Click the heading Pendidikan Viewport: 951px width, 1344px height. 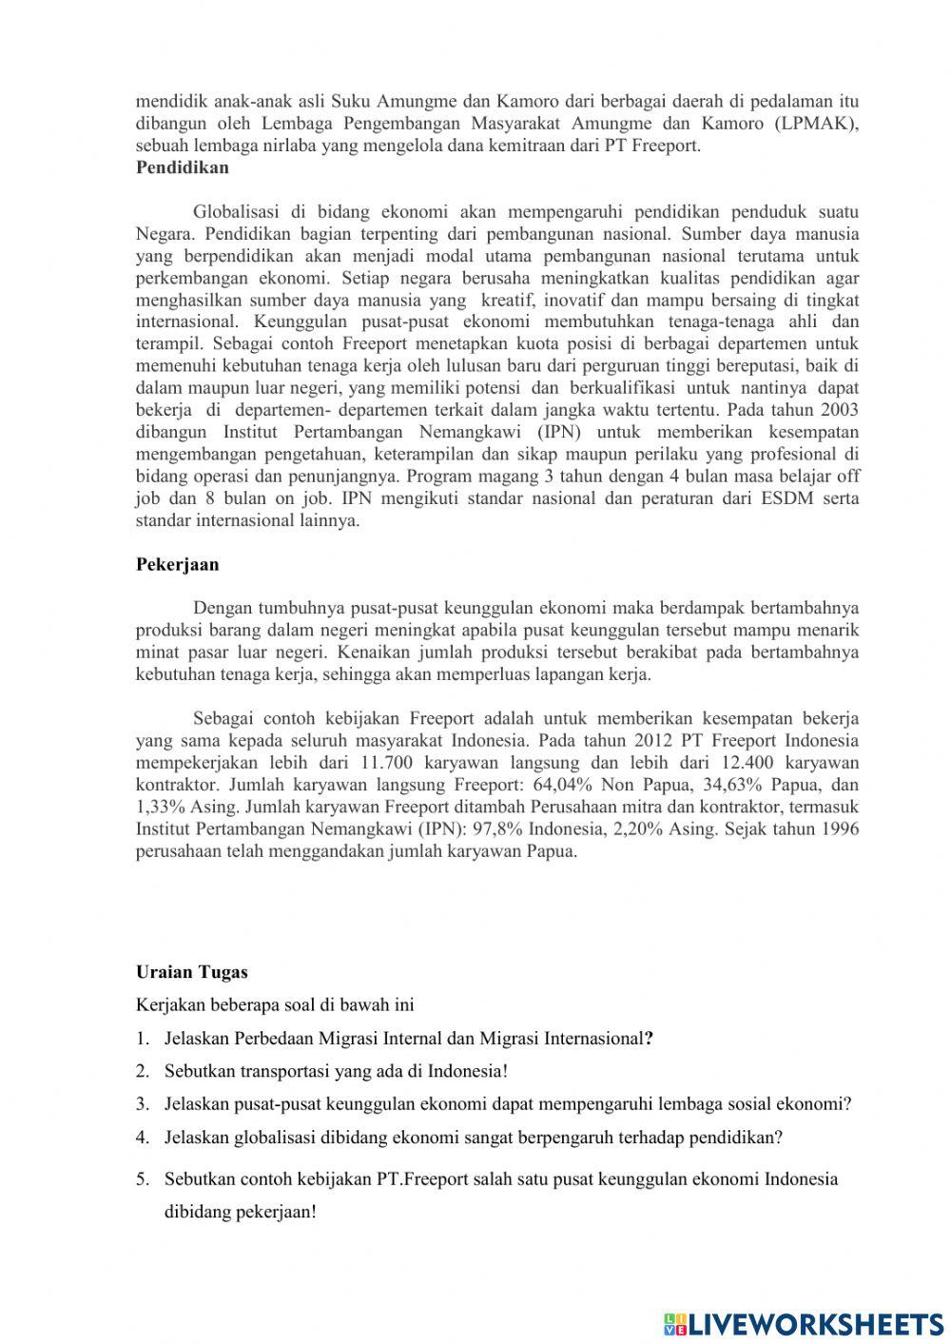(x=183, y=167)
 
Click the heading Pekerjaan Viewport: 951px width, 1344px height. (x=177, y=564)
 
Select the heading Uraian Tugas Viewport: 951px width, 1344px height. (x=191, y=972)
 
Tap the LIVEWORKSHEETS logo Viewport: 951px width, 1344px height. (x=804, y=1323)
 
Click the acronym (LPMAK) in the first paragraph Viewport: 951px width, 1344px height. (x=816, y=124)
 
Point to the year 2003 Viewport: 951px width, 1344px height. (x=839, y=410)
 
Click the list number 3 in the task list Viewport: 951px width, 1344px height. (x=142, y=1104)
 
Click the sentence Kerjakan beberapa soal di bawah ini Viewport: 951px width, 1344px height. (x=275, y=1004)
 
